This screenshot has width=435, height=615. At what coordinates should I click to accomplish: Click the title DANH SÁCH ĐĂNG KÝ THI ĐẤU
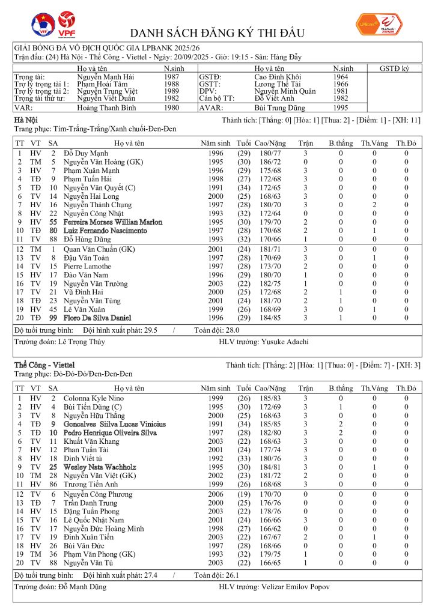coord(217,33)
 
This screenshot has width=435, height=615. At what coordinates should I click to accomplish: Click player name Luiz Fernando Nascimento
coord(105,231)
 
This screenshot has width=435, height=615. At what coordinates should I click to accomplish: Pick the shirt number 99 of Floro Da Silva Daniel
coord(53,318)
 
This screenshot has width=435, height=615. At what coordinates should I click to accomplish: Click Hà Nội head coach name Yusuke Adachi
coord(285,342)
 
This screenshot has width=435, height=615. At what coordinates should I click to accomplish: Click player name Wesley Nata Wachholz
coord(100,467)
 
